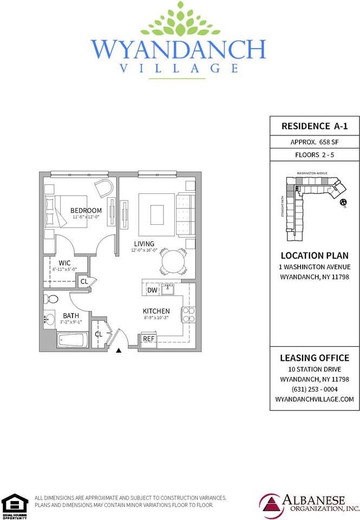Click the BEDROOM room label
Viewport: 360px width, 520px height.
[86, 210]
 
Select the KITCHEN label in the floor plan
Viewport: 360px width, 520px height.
[156, 311]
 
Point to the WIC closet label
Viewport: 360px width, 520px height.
[64, 263]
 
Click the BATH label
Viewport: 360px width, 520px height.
[71, 315]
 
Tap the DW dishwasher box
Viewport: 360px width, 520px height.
[153, 290]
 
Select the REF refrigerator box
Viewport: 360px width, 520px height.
[148, 339]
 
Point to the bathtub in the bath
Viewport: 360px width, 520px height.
[71, 341]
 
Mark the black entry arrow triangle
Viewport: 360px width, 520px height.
[119, 351]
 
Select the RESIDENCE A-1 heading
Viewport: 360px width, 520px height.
[314, 126]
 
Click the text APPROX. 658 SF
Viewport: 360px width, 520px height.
[314, 142]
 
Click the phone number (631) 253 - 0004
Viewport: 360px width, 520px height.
[314, 388]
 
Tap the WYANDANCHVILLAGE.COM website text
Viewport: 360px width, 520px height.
[314, 399]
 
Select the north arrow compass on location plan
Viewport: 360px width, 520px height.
[343, 203]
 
